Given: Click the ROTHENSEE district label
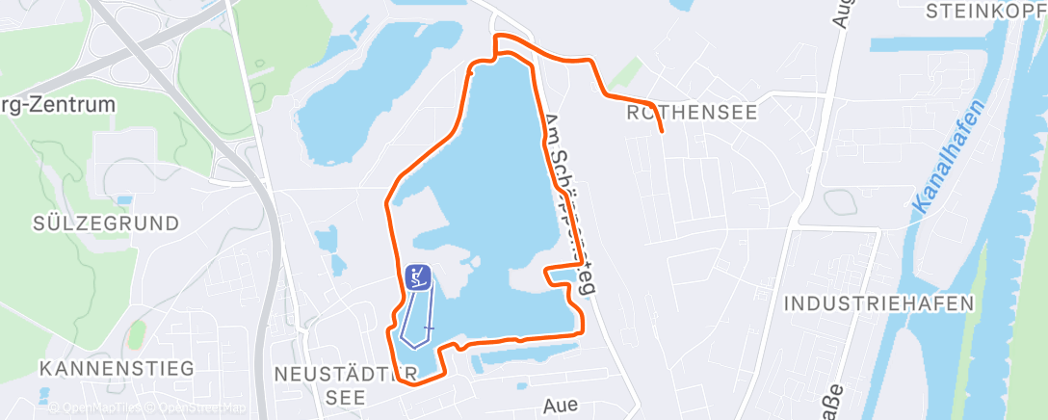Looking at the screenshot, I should (x=692, y=113).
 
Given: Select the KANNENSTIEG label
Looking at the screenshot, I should (x=118, y=368).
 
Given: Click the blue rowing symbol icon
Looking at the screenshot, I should (x=417, y=277).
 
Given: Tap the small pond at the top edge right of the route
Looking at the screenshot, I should (x=680, y=5).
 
